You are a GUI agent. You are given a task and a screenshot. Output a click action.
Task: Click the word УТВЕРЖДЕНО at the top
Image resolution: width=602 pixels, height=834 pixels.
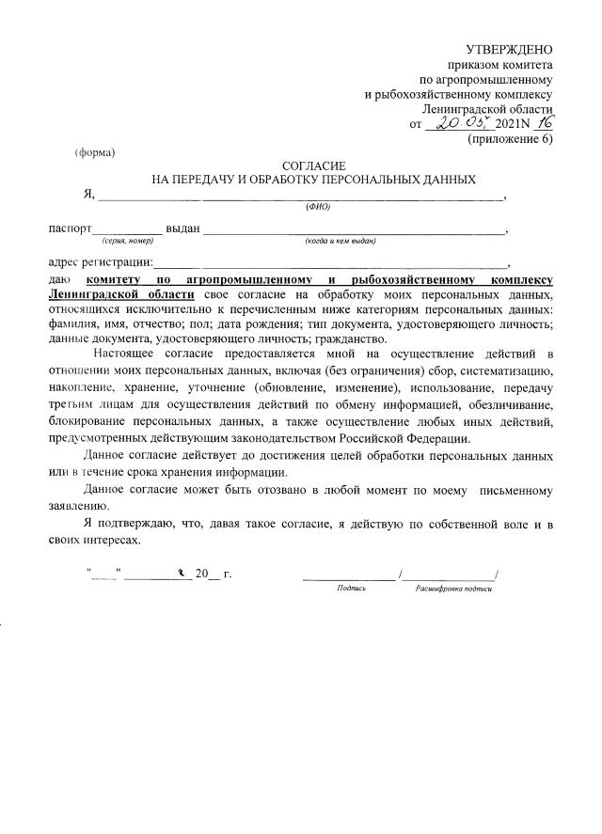click(510, 49)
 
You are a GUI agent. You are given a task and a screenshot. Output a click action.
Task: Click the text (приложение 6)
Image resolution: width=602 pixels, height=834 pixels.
click(511, 139)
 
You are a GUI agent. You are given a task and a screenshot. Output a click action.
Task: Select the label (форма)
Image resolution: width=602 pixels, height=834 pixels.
click(95, 152)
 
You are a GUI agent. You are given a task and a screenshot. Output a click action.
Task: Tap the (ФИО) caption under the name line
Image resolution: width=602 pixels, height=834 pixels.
click(319, 207)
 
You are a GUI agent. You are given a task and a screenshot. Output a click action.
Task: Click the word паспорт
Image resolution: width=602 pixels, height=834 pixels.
click(71, 228)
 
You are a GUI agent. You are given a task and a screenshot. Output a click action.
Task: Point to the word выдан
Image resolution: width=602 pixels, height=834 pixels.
click(183, 228)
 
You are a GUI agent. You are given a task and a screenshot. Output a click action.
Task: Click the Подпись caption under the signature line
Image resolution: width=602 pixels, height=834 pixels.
click(351, 588)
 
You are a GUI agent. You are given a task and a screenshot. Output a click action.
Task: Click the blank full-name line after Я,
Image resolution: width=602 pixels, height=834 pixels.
click(301, 196)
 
